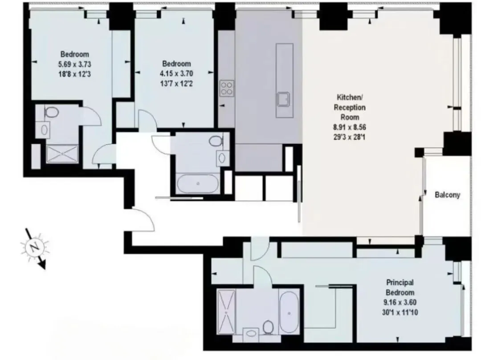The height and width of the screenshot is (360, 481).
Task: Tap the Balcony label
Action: point(447,195)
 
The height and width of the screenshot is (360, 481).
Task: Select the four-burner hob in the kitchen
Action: point(227,88)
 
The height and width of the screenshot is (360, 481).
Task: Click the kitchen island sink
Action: point(283,99)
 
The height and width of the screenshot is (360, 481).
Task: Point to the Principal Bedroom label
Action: point(399,287)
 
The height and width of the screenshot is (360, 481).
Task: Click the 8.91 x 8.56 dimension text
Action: point(350,127)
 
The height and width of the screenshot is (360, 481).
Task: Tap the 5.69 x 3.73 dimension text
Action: point(74,65)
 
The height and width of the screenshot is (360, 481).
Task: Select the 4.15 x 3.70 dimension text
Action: point(176,73)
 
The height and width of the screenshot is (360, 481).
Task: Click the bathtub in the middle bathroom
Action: point(198,183)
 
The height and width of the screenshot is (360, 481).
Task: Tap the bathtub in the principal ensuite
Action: point(289,312)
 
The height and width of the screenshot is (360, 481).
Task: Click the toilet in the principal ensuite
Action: point(269,327)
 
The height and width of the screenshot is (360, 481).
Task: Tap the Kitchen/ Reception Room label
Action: point(350,107)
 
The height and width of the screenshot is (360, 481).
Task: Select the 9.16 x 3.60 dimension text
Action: point(399,303)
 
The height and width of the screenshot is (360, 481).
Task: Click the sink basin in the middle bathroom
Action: point(222,158)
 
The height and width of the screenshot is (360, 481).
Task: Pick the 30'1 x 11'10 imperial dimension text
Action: point(399,312)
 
